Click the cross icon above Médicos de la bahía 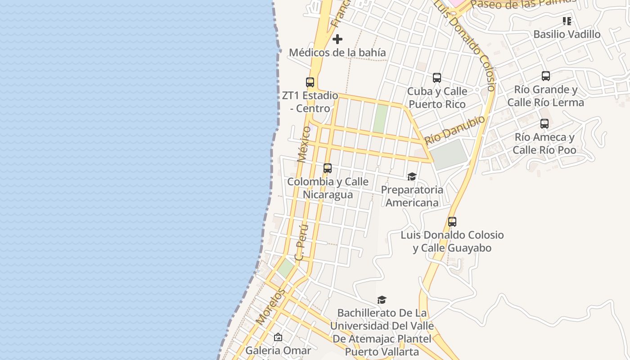point(337,39)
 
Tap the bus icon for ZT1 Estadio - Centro point(310,82)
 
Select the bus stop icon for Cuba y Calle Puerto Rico point(437,78)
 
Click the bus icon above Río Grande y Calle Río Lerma point(546,76)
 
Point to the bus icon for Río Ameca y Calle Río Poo point(544,124)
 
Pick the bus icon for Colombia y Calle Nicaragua point(328,168)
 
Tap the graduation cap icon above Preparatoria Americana point(412,176)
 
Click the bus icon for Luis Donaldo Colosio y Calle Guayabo point(452,222)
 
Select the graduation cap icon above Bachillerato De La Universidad point(382,300)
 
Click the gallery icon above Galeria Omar point(278,337)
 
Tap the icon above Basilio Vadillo point(567,21)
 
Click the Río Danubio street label point(455,129)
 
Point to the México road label point(304,144)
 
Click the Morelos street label point(270,306)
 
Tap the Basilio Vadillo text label point(567,34)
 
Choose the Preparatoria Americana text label point(412,196)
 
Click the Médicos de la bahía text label point(337,53)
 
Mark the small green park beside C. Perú point(285,268)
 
